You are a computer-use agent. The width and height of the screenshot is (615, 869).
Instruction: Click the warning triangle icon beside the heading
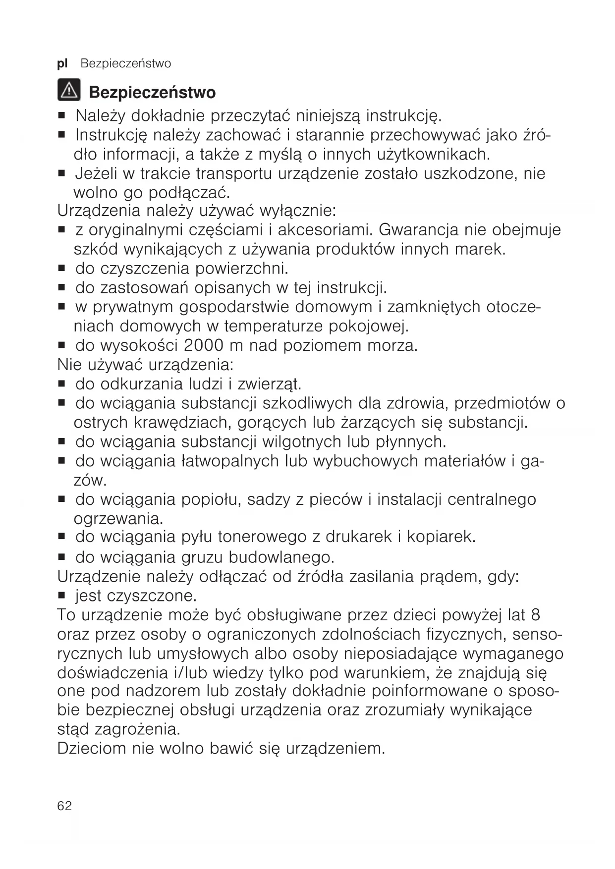click(x=69, y=91)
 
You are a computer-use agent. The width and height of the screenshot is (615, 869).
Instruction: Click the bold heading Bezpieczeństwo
click(x=152, y=93)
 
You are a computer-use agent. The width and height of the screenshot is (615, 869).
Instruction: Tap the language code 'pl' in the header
click(x=62, y=63)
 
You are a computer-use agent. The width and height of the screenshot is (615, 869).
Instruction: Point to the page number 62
click(x=64, y=806)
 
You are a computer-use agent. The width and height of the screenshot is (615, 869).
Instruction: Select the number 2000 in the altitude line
click(x=203, y=345)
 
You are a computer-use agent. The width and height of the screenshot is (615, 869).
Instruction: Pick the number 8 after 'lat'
click(x=535, y=615)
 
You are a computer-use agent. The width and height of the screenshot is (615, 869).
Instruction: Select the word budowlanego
click(x=281, y=557)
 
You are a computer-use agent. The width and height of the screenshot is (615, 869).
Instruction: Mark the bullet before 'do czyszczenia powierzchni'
click(x=62, y=269)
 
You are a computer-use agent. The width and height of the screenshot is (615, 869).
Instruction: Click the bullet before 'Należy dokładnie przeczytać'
click(x=62, y=116)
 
